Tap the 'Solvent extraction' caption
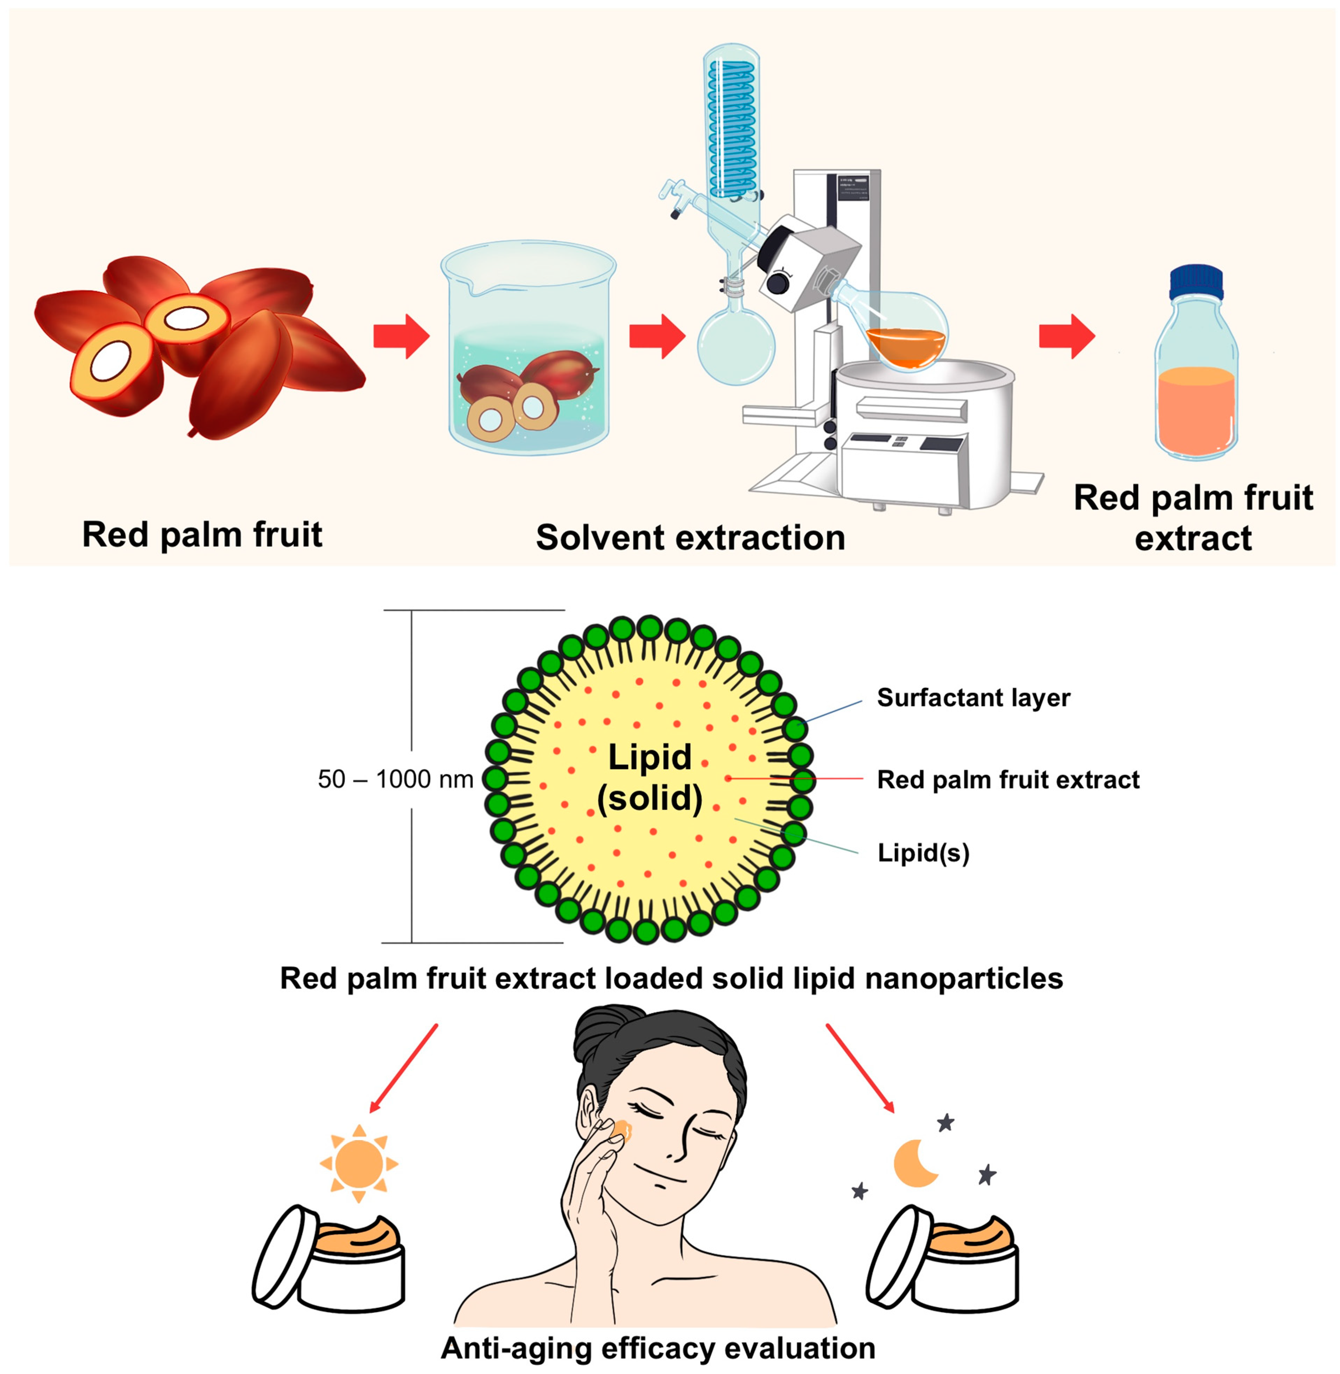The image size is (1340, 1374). tap(690, 538)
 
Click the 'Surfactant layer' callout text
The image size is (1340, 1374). tap(973, 698)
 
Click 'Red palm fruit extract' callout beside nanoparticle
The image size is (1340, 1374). tap(1008, 780)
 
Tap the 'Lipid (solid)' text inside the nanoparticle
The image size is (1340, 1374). tap(650, 778)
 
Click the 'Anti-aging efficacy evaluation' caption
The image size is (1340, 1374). tap(658, 1348)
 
